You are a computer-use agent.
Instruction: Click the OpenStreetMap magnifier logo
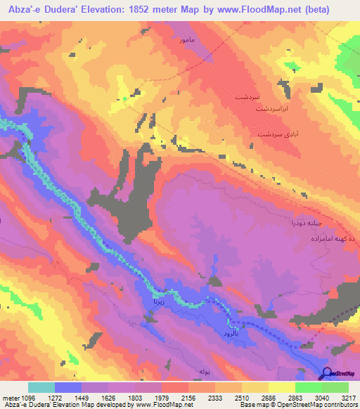point(328,373)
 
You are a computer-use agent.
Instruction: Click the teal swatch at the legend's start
point(41,388)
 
